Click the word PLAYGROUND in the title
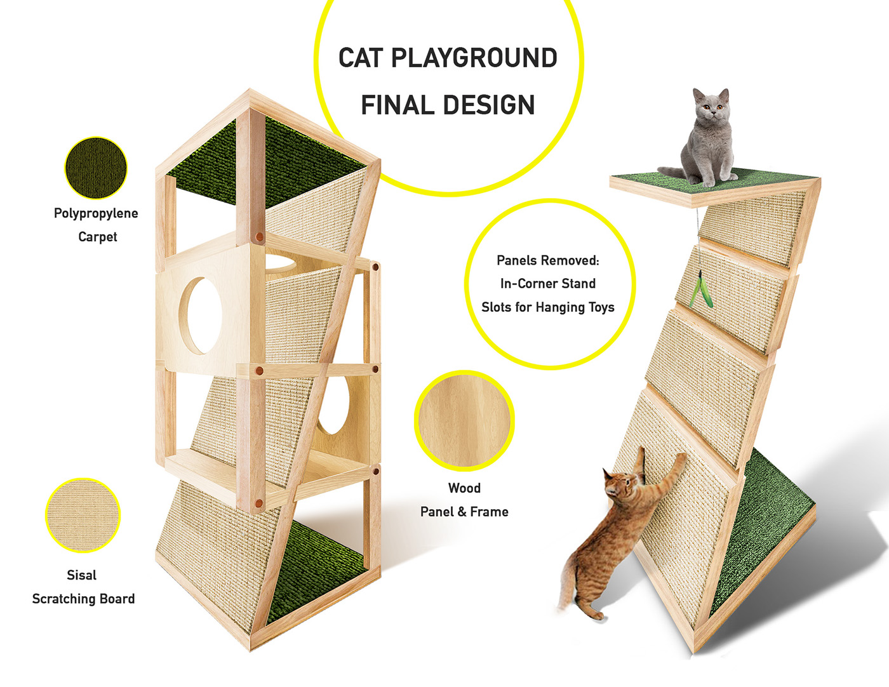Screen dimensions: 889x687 [x=474, y=58]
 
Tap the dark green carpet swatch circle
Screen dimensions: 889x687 [x=96, y=168]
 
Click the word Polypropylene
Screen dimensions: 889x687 [x=96, y=213]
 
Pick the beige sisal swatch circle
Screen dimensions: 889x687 [x=83, y=515]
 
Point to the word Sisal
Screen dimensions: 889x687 [x=82, y=575]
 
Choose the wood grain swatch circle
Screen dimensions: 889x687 [x=464, y=421]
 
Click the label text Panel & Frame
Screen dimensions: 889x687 [x=464, y=512]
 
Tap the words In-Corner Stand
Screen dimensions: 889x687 [x=548, y=284]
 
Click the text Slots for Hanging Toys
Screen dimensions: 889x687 [x=548, y=307]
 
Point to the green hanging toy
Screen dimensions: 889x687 [x=700, y=290]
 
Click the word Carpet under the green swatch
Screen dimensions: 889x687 [x=98, y=237]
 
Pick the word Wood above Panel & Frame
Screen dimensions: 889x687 [x=464, y=488]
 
